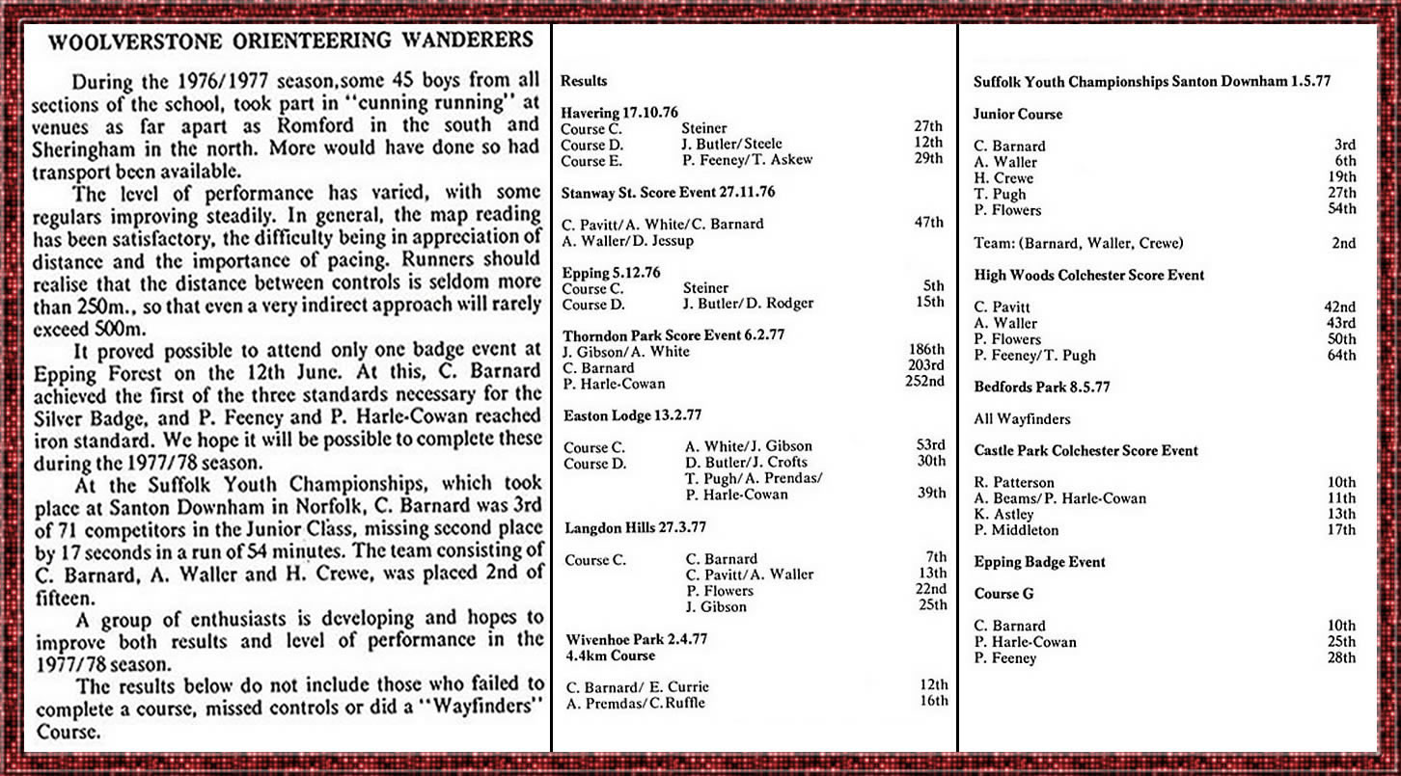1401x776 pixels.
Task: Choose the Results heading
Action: coord(585,81)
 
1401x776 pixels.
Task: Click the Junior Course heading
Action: coord(1018,114)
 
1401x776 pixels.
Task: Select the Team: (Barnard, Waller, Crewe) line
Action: coord(1079,243)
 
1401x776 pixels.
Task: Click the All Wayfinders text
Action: coord(1022,418)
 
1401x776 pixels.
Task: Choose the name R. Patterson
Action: coord(1014,482)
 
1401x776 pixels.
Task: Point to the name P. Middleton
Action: coord(1016,530)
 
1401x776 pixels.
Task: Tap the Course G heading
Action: coord(1003,594)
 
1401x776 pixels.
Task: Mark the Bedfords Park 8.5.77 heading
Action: coord(1042,387)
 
